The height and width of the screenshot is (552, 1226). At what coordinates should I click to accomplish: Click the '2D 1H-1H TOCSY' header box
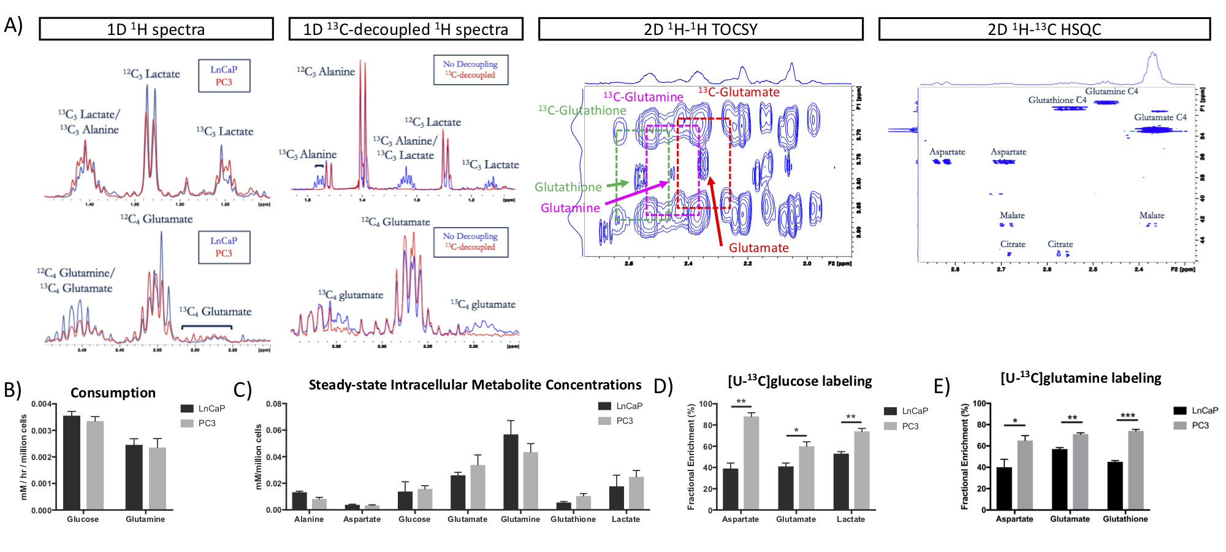tap(700, 29)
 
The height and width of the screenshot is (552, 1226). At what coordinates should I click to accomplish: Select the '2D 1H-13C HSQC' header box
tap(1044, 29)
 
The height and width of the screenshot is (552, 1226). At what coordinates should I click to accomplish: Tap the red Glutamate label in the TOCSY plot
tap(758, 248)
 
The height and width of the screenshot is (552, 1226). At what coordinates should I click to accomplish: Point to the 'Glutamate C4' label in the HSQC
tap(1160, 117)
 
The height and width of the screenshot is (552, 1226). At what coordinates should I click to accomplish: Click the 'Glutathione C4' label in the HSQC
tap(1057, 100)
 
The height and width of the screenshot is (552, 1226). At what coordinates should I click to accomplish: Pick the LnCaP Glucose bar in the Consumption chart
tap(72, 462)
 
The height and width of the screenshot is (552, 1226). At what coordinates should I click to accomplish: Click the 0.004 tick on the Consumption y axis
tap(42, 404)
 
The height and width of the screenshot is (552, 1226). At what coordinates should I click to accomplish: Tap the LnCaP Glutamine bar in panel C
tap(511, 472)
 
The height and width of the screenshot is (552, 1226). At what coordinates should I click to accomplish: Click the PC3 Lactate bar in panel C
tap(636, 493)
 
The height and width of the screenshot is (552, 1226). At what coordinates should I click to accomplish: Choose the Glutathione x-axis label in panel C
tap(573, 519)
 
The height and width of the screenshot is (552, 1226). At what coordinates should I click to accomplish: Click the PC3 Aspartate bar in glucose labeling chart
tap(751, 463)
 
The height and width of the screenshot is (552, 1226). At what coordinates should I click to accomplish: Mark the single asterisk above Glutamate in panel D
tap(796, 431)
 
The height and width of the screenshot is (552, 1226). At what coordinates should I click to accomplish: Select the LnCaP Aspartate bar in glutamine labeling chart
tap(1004, 488)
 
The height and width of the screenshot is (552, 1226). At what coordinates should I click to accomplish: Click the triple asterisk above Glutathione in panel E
tap(1127, 416)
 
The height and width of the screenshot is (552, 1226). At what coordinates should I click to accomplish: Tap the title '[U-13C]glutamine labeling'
tap(1081, 378)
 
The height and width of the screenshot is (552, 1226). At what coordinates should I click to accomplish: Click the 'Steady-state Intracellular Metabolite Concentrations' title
tap(474, 385)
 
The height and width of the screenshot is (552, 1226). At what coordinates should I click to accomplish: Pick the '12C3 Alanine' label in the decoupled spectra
tap(326, 72)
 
